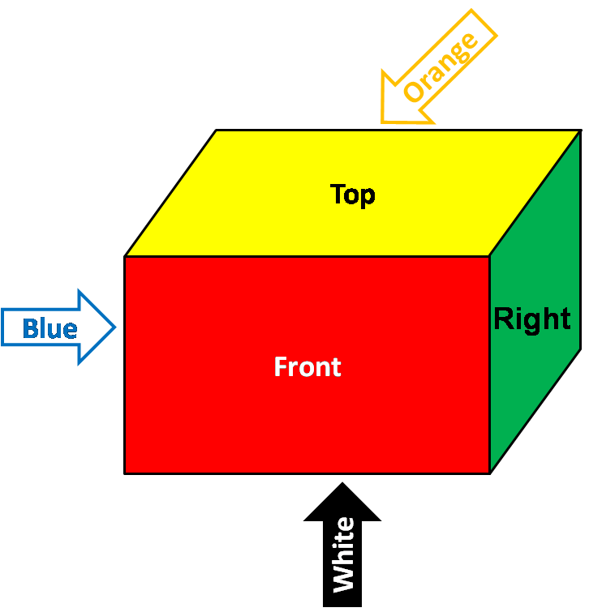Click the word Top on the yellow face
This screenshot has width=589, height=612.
(x=353, y=195)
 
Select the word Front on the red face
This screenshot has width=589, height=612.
(x=307, y=367)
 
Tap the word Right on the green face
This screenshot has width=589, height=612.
(x=532, y=319)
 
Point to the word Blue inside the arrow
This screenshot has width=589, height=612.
(x=49, y=328)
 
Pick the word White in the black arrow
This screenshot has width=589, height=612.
(x=343, y=554)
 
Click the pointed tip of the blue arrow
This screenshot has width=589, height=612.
(x=117, y=327)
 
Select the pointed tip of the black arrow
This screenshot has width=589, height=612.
(x=342, y=484)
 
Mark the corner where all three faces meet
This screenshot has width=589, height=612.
(x=489, y=256)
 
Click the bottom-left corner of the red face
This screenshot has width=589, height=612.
(x=125, y=473)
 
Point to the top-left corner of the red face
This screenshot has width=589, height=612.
(x=125, y=256)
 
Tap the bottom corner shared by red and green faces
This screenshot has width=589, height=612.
(x=489, y=473)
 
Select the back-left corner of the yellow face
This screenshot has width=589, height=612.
(x=216, y=131)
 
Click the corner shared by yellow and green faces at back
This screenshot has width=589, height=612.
(x=580, y=131)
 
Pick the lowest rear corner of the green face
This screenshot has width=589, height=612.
(x=580, y=349)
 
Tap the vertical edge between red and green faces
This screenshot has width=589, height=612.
(x=489, y=365)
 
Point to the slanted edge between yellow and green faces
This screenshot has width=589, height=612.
(x=535, y=193)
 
